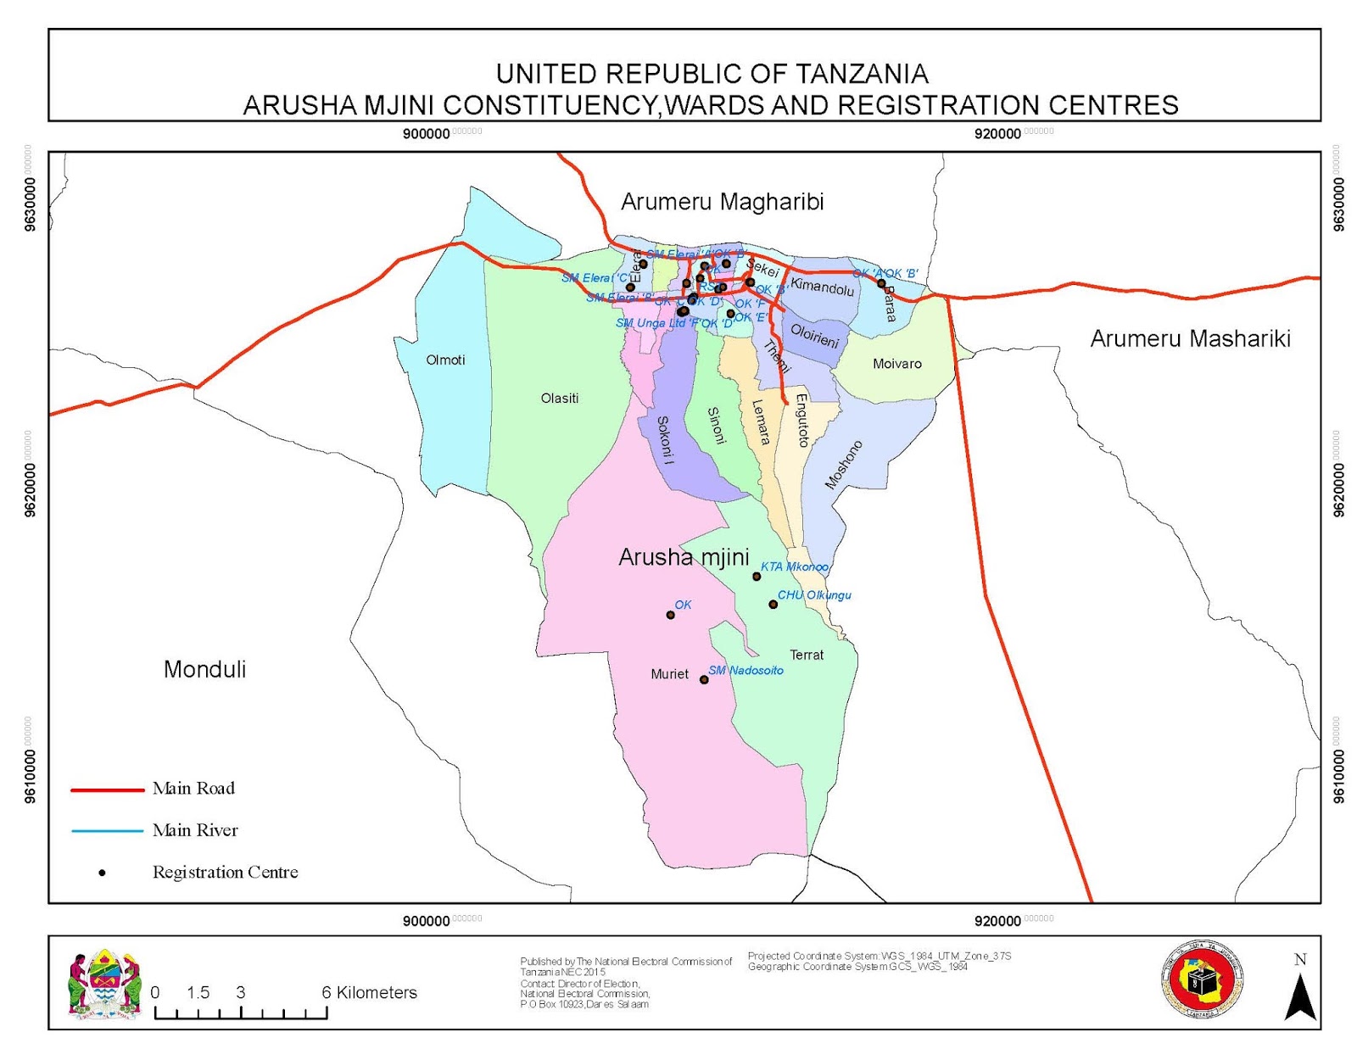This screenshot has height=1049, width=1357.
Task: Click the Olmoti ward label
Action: [445, 360]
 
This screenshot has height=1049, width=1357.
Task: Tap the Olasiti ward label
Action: [560, 398]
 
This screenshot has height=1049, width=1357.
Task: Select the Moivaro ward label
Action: [896, 364]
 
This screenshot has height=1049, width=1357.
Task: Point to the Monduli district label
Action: [204, 669]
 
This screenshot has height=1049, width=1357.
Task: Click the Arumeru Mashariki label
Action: [1190, 338]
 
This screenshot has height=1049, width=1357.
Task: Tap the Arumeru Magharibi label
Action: [722, 202]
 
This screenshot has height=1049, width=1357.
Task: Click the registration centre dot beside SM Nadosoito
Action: [704, 679]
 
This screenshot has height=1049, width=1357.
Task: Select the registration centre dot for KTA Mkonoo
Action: [757, 577]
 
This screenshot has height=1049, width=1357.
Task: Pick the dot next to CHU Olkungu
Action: [773, 605]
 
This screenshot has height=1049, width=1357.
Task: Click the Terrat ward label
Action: [807, 655]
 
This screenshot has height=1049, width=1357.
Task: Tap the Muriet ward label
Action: [669, 674]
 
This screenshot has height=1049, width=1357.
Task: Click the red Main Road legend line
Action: [108, 790]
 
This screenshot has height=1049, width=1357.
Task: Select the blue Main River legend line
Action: [108, 831]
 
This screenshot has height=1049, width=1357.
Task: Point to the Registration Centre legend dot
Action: [102, 873]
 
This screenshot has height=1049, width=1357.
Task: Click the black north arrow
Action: [1299, 997]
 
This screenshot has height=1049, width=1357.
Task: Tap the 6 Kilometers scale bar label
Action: [369, 992]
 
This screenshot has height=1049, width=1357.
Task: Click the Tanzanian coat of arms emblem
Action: [104, 984]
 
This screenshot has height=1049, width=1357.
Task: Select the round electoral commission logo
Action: [1201, 981]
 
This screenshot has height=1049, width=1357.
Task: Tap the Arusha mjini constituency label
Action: [684, 557]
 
